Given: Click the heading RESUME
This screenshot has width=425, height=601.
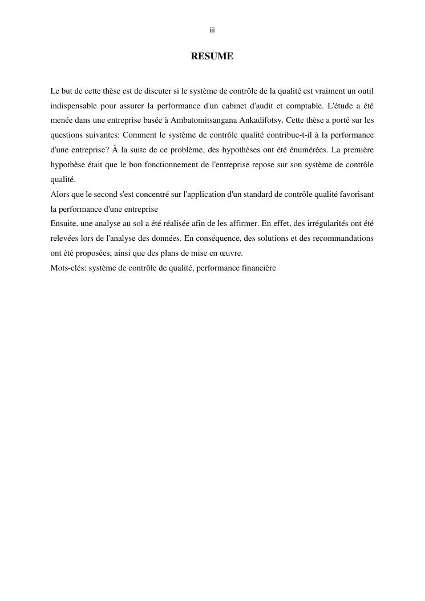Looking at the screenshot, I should coord(212,57).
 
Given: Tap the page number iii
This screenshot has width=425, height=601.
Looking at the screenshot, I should coord(212,30).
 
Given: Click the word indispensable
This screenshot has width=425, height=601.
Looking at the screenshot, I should coord(74,106).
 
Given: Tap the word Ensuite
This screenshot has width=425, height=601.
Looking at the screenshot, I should coord(64,224).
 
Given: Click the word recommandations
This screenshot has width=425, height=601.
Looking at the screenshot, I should coord(346,239).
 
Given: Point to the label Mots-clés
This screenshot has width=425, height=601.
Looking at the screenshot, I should coord(67,268).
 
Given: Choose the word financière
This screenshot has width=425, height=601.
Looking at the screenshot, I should coord(259,268).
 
